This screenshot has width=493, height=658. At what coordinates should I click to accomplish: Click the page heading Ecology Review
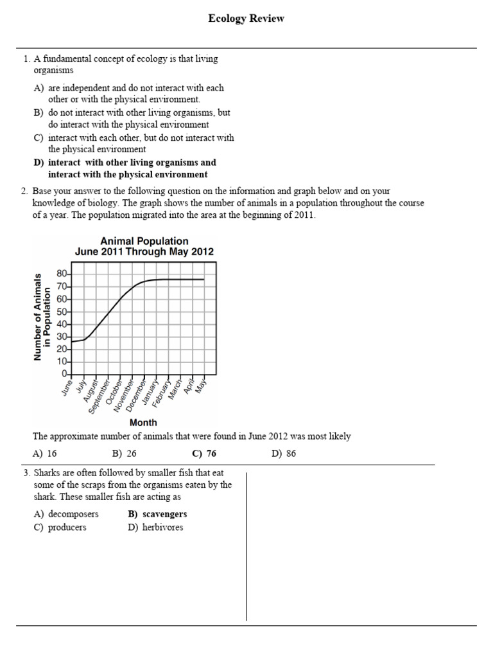(246, 19)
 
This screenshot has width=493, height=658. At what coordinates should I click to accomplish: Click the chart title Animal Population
(144, 242)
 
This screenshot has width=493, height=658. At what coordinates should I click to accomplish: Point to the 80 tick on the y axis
(62, 273)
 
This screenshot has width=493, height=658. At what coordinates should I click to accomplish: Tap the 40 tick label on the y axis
(62, 324)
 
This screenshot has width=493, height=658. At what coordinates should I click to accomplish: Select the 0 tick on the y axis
(64, 374)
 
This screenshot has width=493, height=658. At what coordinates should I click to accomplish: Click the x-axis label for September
(99, 395)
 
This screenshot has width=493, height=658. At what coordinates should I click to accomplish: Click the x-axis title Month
(143, 422)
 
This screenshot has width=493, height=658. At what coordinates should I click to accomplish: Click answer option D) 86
(284, 454)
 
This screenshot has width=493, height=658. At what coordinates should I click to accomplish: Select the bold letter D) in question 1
(39, 163)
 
